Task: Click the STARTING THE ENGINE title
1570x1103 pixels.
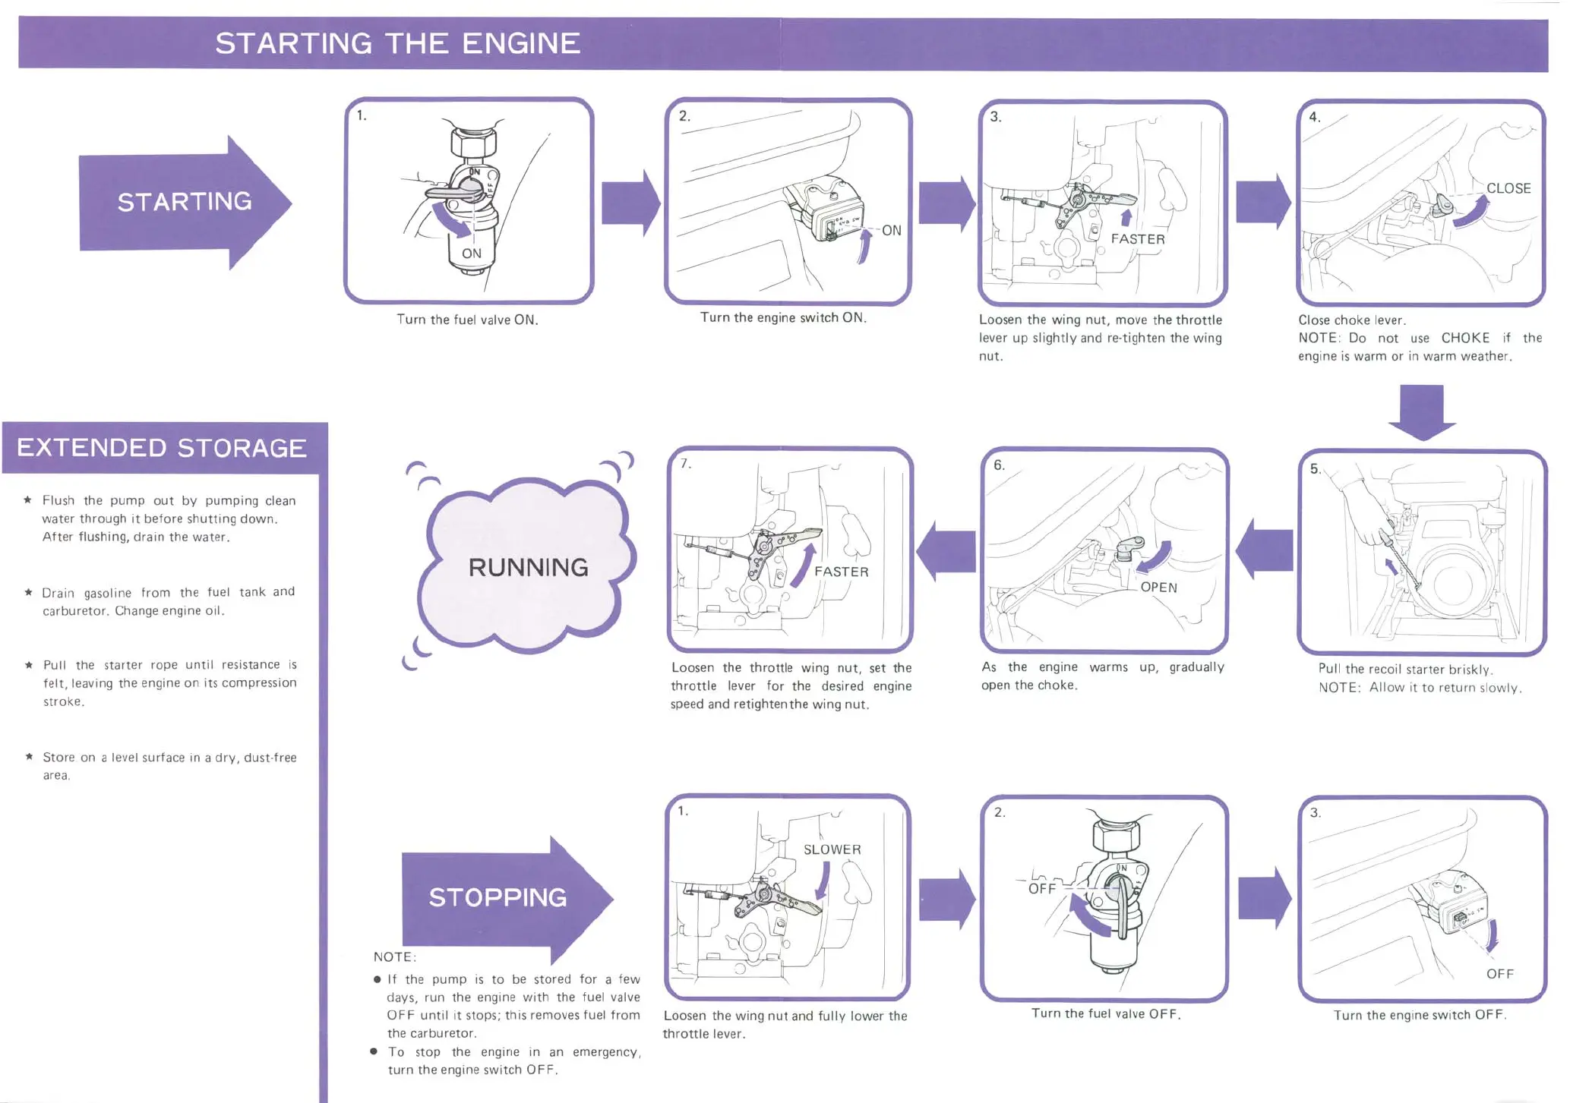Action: click(397, 43)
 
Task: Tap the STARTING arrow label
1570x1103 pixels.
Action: click(185, 202)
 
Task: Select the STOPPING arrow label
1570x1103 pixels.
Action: click(498, 897)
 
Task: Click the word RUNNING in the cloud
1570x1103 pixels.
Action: click(528, 567)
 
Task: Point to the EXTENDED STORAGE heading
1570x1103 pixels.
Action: click(162, 448)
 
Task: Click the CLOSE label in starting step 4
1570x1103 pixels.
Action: click(1508, 188)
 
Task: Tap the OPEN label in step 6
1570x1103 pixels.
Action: click(1158, 587)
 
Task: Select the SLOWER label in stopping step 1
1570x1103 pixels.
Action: click(832, 849)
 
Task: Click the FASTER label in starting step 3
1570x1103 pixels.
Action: click(1137, 239)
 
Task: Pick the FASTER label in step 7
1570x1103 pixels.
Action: click(841, 572)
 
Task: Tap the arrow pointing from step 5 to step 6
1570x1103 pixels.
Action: click(1265, 549)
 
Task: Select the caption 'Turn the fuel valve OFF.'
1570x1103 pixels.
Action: click(1106, 1013)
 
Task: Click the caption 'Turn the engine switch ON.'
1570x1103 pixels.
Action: click(783, 317)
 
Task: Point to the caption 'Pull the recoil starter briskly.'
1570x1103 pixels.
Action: click(1405, 669)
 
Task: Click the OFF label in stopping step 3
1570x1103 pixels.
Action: click(1499, 974)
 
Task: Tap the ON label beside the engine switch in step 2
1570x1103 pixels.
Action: click(891, 230)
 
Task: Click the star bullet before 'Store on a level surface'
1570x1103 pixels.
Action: click(29, 756)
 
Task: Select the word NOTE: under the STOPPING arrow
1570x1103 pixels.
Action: click(395, 956)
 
